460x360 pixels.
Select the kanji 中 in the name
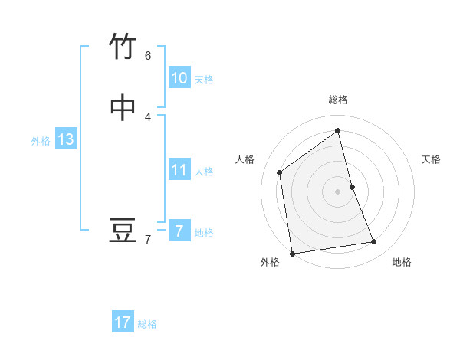pyautogui.click(x=123, y=108)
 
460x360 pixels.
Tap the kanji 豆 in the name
pyautogui.click(x=123, y=231)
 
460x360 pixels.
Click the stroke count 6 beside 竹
pyautogui.click(x=148, y=55)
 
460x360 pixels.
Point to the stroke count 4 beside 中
pyautogui.click(x=148, y=116)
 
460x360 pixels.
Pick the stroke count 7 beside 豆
pyautogui.click(x=148, y=240)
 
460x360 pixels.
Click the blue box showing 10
pyautogui.click(x=179, y=78)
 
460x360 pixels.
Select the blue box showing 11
pyautogui.click(x=179, y=170)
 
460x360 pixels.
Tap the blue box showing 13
pyautogui.click(x=65, y=139)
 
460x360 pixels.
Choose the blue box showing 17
pyautogui.click(x=123, y=322)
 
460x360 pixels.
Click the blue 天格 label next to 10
pyautogui.click(x=204, y=80)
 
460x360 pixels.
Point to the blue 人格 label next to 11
pyautogui.click(x=204, y=172)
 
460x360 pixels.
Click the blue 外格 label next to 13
pyautogui.click(x=41, y=141)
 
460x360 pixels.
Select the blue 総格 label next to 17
pyautogui.click(x=147, y=324)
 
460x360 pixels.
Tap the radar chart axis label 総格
pyautogui.click(x=338, y=100)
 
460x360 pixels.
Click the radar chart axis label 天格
pyautogui.click(x=431, y=159)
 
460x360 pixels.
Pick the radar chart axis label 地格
pyautogui.click(x=402, y=262)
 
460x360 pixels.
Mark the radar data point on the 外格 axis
pyautogui.click(x=292, y=253)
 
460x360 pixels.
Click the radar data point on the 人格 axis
pyautogui.click(x=280, y=172)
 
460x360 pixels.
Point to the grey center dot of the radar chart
pyautogui.click(x=338, y=191)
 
